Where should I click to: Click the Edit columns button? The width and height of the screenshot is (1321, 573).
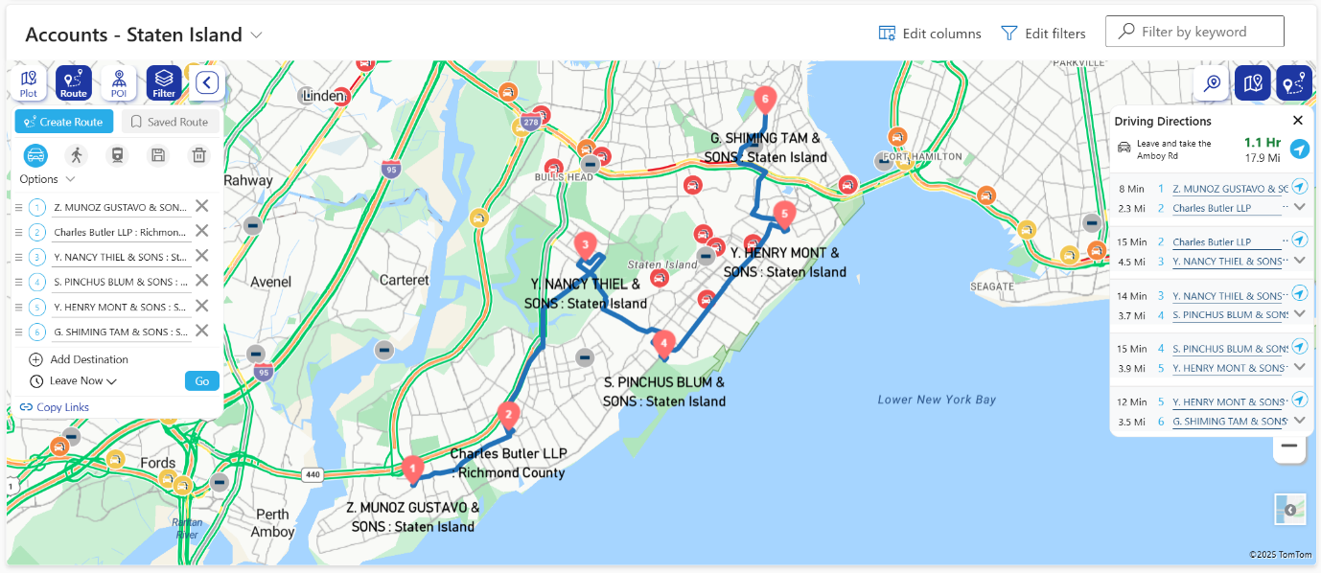[x=930, y=34]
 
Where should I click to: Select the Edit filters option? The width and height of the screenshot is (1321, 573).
[x=1043, y=34]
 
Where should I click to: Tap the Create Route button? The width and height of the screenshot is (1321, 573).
[x=64, y=122]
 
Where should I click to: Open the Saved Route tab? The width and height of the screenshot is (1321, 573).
[x=170, y=122]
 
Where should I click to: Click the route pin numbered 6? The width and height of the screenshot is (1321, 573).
[x=764, y=98]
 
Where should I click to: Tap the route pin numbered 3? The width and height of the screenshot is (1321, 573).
[x=585, y=244]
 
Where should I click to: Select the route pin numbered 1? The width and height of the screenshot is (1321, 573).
[x=413, y=469]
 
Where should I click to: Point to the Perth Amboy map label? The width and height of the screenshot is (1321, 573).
[x=273, y=523]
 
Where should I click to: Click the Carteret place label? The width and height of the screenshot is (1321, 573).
[x=405, y=280]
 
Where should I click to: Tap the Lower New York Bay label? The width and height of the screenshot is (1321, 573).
[x=937, y=400]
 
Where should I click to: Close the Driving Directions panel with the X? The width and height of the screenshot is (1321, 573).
[x=1298, y=121]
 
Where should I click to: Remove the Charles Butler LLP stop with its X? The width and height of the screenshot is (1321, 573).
[x=201, y=231]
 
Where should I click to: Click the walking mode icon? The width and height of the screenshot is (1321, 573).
[x=76, y=155]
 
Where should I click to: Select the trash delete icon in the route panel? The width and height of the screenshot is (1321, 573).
[x=198, y=155]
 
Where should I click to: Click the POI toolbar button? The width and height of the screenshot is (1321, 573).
[x=119, y=83]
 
